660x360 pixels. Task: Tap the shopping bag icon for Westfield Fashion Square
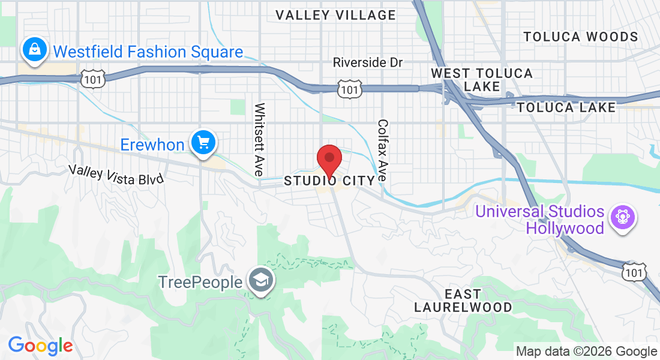[35, 50]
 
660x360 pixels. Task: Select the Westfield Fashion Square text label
[148, 52]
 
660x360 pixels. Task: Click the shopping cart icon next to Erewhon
[203, 143]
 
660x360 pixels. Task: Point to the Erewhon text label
[152, 145]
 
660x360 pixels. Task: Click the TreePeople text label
[200, 282]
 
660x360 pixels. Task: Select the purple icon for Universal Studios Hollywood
[622, 217]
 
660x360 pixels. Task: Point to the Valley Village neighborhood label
[336, 16]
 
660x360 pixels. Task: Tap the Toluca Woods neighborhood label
[581, 37]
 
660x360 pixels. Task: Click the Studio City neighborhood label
[329, 181]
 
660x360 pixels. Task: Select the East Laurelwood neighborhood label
[463, 301]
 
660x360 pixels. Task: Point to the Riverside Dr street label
[368, 62]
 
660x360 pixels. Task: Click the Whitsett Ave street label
[260, 139]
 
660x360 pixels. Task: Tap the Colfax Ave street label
[383, 151]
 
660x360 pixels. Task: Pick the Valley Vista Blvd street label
[116, 174]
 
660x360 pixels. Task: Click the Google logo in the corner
[40, 346]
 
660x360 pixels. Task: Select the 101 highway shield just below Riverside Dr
[349, 89]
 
